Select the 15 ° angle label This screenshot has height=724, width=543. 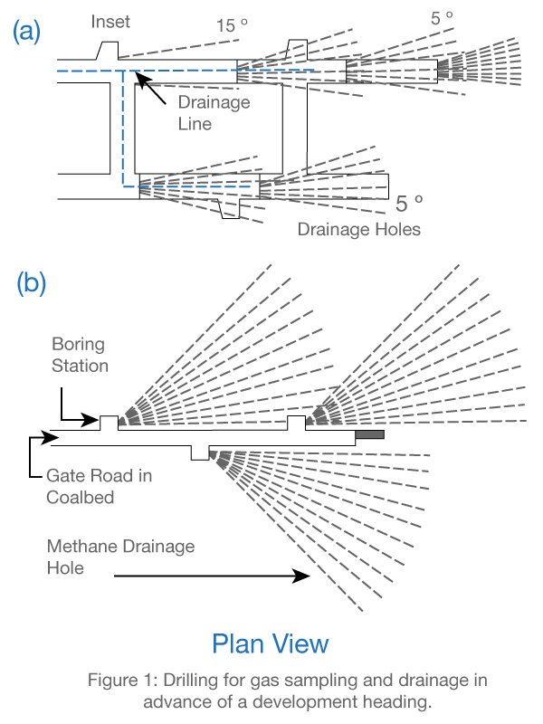point(232,25)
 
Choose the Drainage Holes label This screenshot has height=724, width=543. point(359,229)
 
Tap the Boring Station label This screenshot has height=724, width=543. point(80,355)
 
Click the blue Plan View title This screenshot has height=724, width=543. point(270,643)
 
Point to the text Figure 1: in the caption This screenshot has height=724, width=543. point(119,680)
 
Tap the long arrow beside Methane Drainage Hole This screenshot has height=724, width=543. point(212,575)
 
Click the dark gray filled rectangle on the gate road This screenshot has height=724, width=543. point(370,435)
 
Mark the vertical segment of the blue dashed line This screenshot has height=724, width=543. point(124,127)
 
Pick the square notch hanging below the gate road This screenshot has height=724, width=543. point(200,452)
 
